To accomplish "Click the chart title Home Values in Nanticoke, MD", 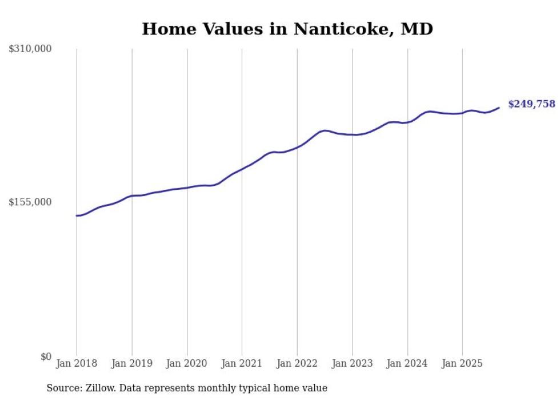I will click(287, 29).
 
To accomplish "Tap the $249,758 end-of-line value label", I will click(531, 104).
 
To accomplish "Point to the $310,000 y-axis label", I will click(30, 49).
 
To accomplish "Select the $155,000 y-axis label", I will click(30, 202).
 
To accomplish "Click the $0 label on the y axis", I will click(46, 357).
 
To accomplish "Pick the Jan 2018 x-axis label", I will click(77, 363).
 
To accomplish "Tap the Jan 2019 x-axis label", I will click(132, 363).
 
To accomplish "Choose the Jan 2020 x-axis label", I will click(187, 363).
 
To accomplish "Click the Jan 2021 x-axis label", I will click(242, 363).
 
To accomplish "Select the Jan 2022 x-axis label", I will click(297, 363).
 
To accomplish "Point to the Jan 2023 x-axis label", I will click(353, 363).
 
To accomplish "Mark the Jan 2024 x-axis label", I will click(407, 363).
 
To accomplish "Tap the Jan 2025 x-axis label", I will click(462, 363).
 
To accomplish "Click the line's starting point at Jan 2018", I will click(77, 216).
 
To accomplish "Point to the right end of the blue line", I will click(499, 108).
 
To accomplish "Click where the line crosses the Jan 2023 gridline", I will click(353, 134).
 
